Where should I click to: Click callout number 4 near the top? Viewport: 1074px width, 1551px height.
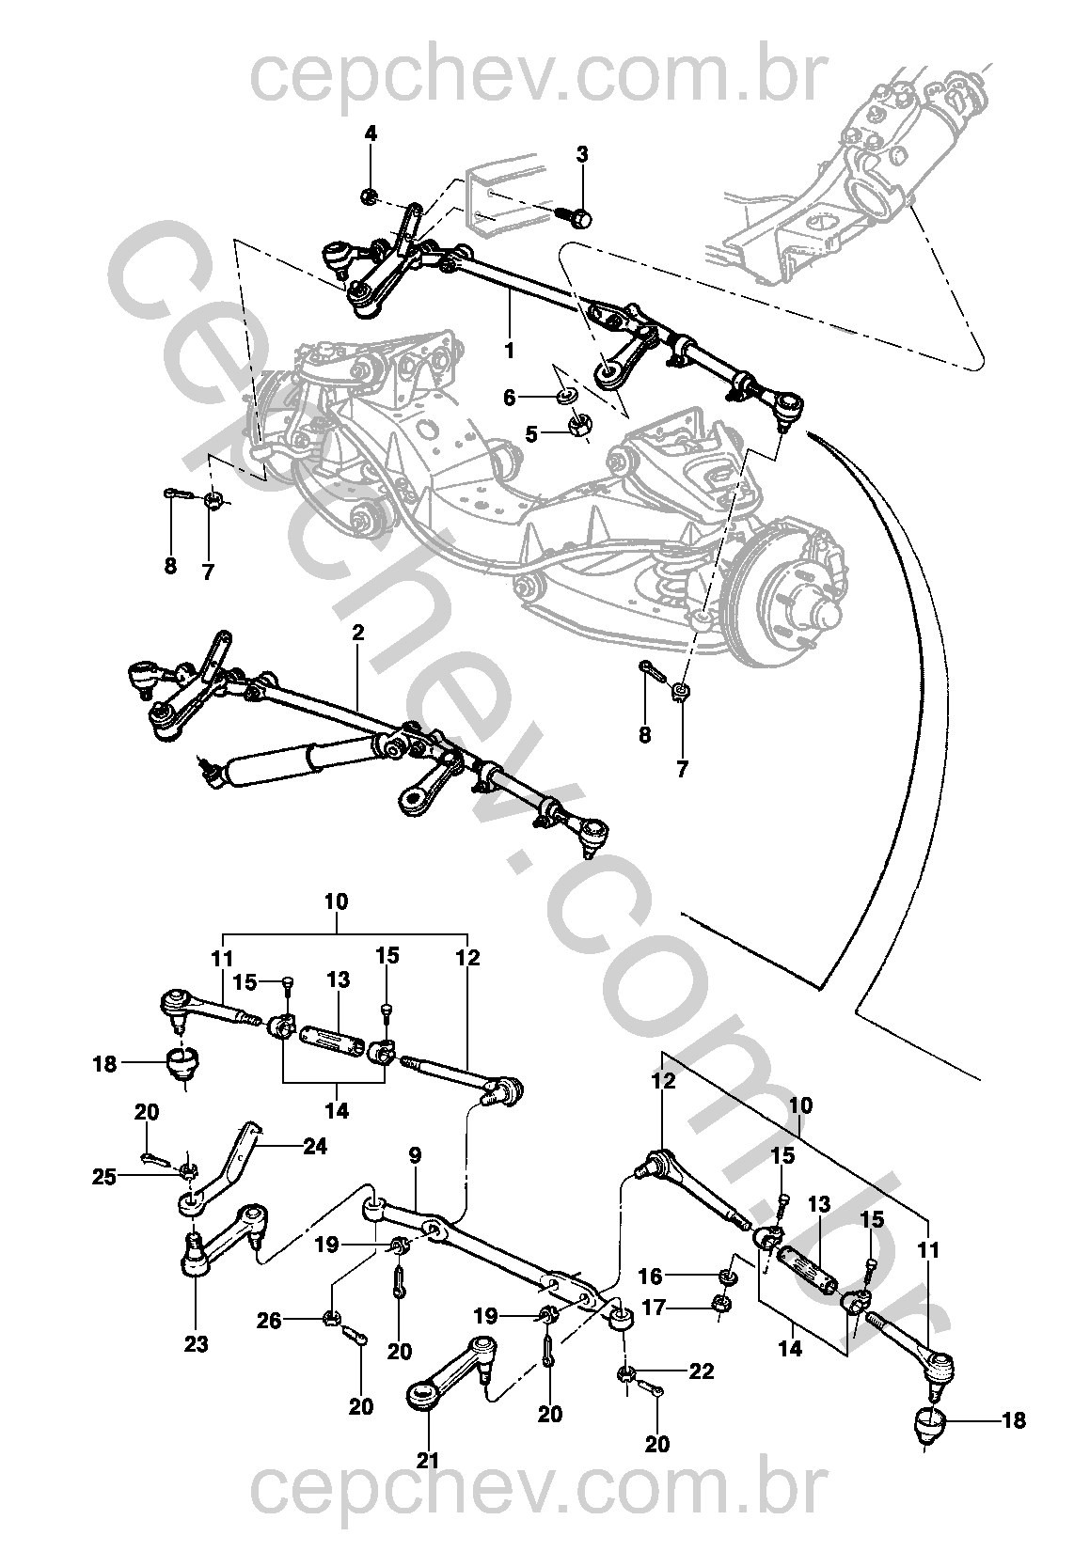pos(371,133)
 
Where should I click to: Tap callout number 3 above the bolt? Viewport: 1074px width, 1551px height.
pos(582,154)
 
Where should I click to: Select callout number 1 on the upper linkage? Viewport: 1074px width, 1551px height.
pos(509,351)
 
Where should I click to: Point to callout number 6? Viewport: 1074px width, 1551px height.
pos(510,398)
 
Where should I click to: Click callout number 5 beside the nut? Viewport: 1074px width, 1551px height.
pos(531,433)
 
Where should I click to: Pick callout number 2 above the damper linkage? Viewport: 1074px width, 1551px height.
pos(357,633)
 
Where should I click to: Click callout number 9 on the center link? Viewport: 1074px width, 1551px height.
pos(415,1154)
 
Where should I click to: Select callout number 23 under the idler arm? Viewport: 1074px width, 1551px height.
pos(196,1344)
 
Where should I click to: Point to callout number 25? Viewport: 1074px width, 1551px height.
pos(105,1175)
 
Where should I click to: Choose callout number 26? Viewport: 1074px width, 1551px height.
pos(271,1322)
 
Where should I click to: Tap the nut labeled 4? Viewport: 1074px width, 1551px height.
pos(370,196)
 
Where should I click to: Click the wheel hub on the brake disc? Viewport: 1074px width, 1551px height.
pos(819,610)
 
